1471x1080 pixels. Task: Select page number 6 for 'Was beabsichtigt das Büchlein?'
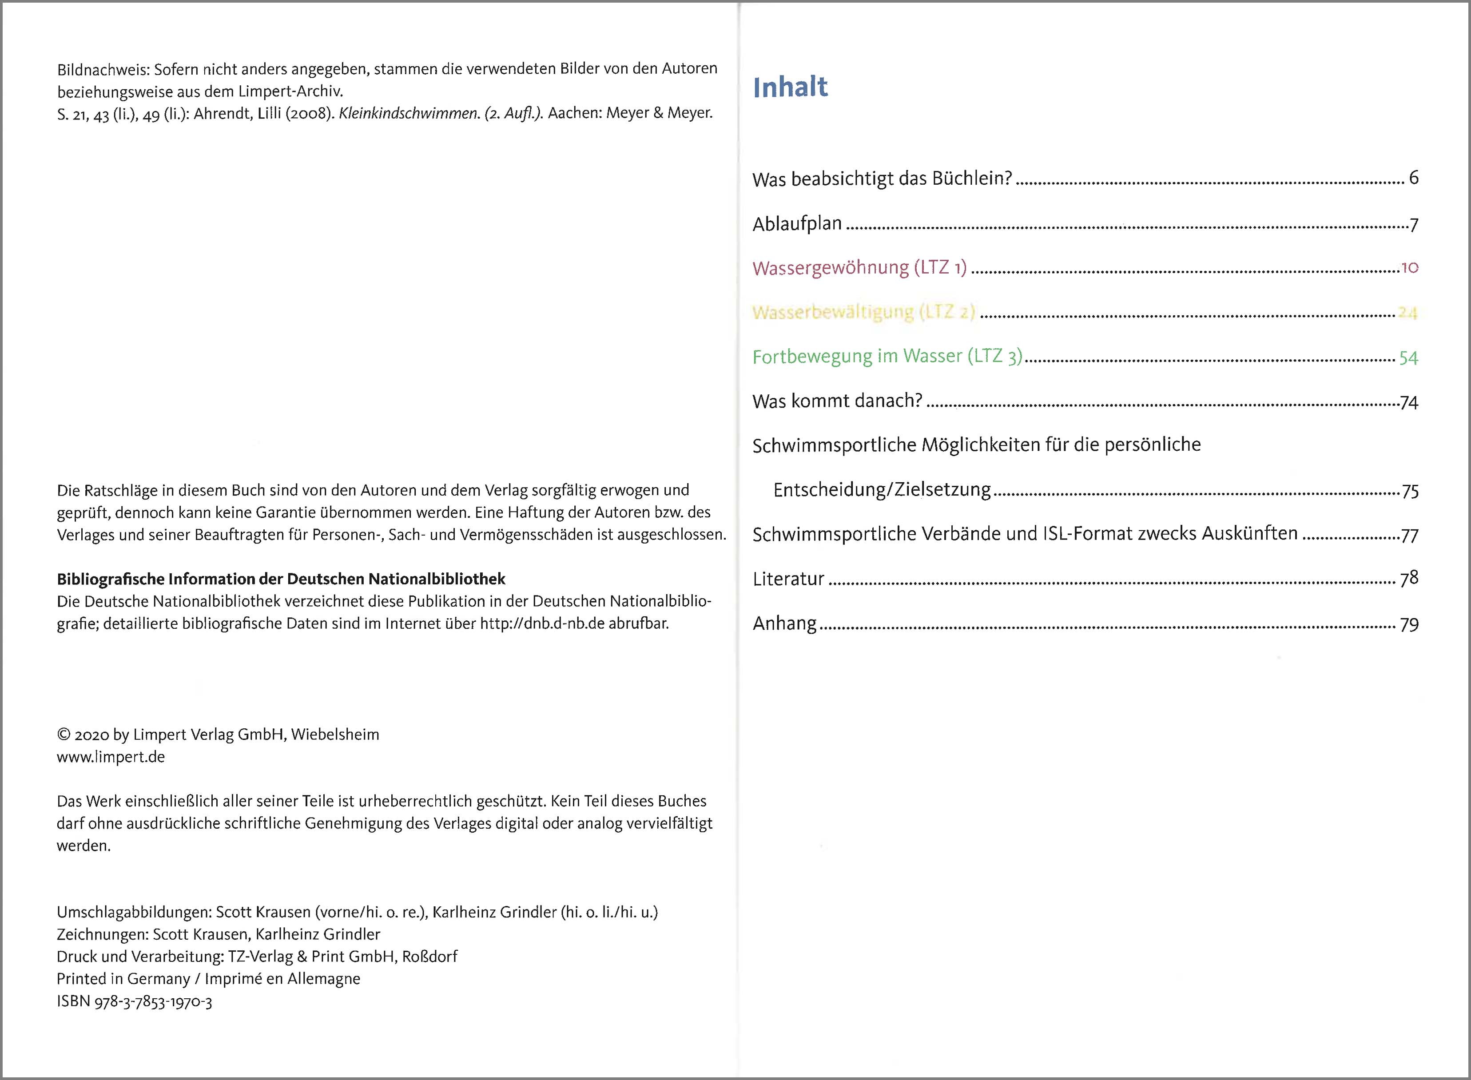point(1413,178)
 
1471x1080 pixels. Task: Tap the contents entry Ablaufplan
point(797,224)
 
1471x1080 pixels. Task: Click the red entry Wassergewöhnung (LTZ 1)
point(859,268)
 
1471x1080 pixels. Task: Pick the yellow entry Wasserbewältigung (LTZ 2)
point(863,313)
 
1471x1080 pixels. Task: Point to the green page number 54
point(1408,357)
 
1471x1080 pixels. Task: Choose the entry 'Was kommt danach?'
point(837,401)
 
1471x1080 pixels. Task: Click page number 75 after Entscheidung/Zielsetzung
point(1410,492)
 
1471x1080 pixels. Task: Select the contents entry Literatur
point(788,579)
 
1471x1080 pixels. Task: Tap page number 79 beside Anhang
point(1409,625)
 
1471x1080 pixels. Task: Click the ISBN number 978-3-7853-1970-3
point(153,1001)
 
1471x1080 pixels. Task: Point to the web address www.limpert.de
point(111,757)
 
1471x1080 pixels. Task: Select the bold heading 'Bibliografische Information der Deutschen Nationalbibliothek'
point(281,579)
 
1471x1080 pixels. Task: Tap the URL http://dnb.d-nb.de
point(542,623)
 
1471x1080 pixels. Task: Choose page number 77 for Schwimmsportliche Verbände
point(1410,536)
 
